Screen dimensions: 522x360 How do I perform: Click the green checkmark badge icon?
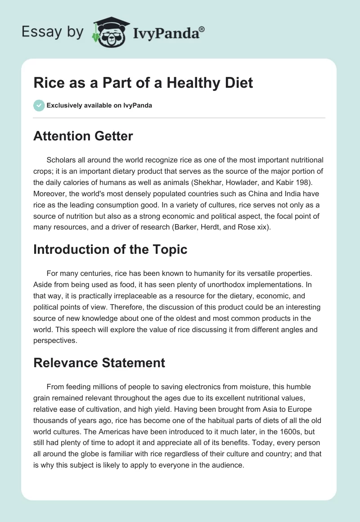point(39,106)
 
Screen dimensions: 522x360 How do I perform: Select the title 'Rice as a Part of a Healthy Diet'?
point(143,83)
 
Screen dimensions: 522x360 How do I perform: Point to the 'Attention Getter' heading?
point(83,136)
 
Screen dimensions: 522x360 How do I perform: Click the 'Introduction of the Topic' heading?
point(110,249)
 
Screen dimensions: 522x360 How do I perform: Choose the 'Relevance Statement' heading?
point(99,362)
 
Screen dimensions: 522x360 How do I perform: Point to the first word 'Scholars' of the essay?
point(61,160)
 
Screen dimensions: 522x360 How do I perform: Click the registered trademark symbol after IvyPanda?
point(202,29)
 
